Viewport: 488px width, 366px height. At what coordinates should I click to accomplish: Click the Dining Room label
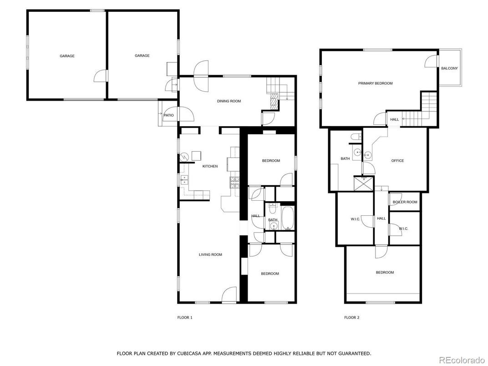[x=229, y=101]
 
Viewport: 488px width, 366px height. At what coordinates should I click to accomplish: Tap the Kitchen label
[x=210, y=166]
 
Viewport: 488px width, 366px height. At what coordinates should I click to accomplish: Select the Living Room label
[x=210, y=254]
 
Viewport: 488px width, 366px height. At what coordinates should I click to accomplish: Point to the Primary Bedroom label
[x=376, y=83]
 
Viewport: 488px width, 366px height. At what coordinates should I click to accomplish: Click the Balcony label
[x=449, y=68]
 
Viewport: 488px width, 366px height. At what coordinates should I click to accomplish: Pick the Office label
[x=397, y=161]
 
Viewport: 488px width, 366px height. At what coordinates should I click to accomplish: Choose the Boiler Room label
[x=405, y=202]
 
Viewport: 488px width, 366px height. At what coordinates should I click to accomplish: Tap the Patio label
[x=169, y=115]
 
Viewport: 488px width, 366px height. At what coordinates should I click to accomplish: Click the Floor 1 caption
[x=185, y=317]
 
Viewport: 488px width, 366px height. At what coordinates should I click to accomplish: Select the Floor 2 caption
[x=352, y=317]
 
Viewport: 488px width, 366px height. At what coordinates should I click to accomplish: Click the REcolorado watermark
[x=461, y=360]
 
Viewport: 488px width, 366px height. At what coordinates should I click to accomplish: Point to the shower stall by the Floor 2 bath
[x=364, y=183]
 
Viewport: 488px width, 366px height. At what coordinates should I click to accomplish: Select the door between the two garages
[x=101, y=76]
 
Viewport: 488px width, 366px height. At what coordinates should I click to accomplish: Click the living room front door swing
[x=229, y=294]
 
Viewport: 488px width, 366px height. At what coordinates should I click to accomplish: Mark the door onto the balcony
[x=432, y=61]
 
